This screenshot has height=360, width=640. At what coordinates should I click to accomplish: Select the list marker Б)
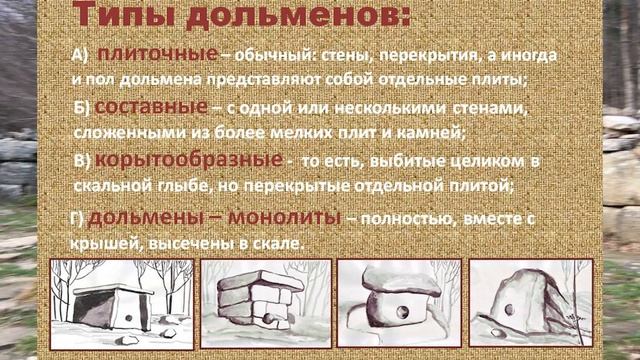tap(86, 109)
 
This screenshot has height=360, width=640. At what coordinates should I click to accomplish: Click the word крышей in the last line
tap(107, 245)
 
